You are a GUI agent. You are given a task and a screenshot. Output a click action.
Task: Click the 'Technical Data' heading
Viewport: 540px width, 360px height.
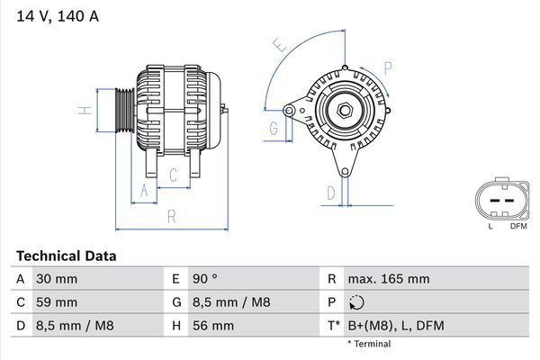(x=66, y=256)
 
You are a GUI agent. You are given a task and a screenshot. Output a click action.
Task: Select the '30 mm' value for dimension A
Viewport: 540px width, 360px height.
(x=57, y=279)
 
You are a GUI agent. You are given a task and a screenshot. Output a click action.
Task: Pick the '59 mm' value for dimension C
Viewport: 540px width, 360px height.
(x=57, y=302)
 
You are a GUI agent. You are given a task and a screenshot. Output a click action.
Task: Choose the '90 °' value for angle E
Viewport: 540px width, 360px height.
(x=208, y=279)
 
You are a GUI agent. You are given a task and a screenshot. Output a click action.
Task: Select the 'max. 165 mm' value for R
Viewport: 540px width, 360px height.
(x=391, y=279)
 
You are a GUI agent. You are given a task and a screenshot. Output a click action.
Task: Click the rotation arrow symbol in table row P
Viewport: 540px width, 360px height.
(x=359, y=302)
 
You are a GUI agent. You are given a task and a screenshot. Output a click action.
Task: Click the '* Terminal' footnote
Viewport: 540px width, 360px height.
(x=369, y=344)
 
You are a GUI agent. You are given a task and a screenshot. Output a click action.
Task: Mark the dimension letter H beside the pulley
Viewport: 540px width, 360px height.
(x=82, y=111)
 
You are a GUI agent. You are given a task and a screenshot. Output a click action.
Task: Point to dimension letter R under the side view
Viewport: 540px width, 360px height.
(x=171, y=216)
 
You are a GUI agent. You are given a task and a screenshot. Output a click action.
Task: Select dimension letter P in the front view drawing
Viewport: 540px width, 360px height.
(x=387, y=66)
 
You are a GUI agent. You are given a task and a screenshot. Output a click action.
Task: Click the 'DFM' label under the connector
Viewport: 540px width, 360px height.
(x=518, y=226)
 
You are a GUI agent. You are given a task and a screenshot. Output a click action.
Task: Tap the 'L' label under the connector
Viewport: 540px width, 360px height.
(x=490, y=226)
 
